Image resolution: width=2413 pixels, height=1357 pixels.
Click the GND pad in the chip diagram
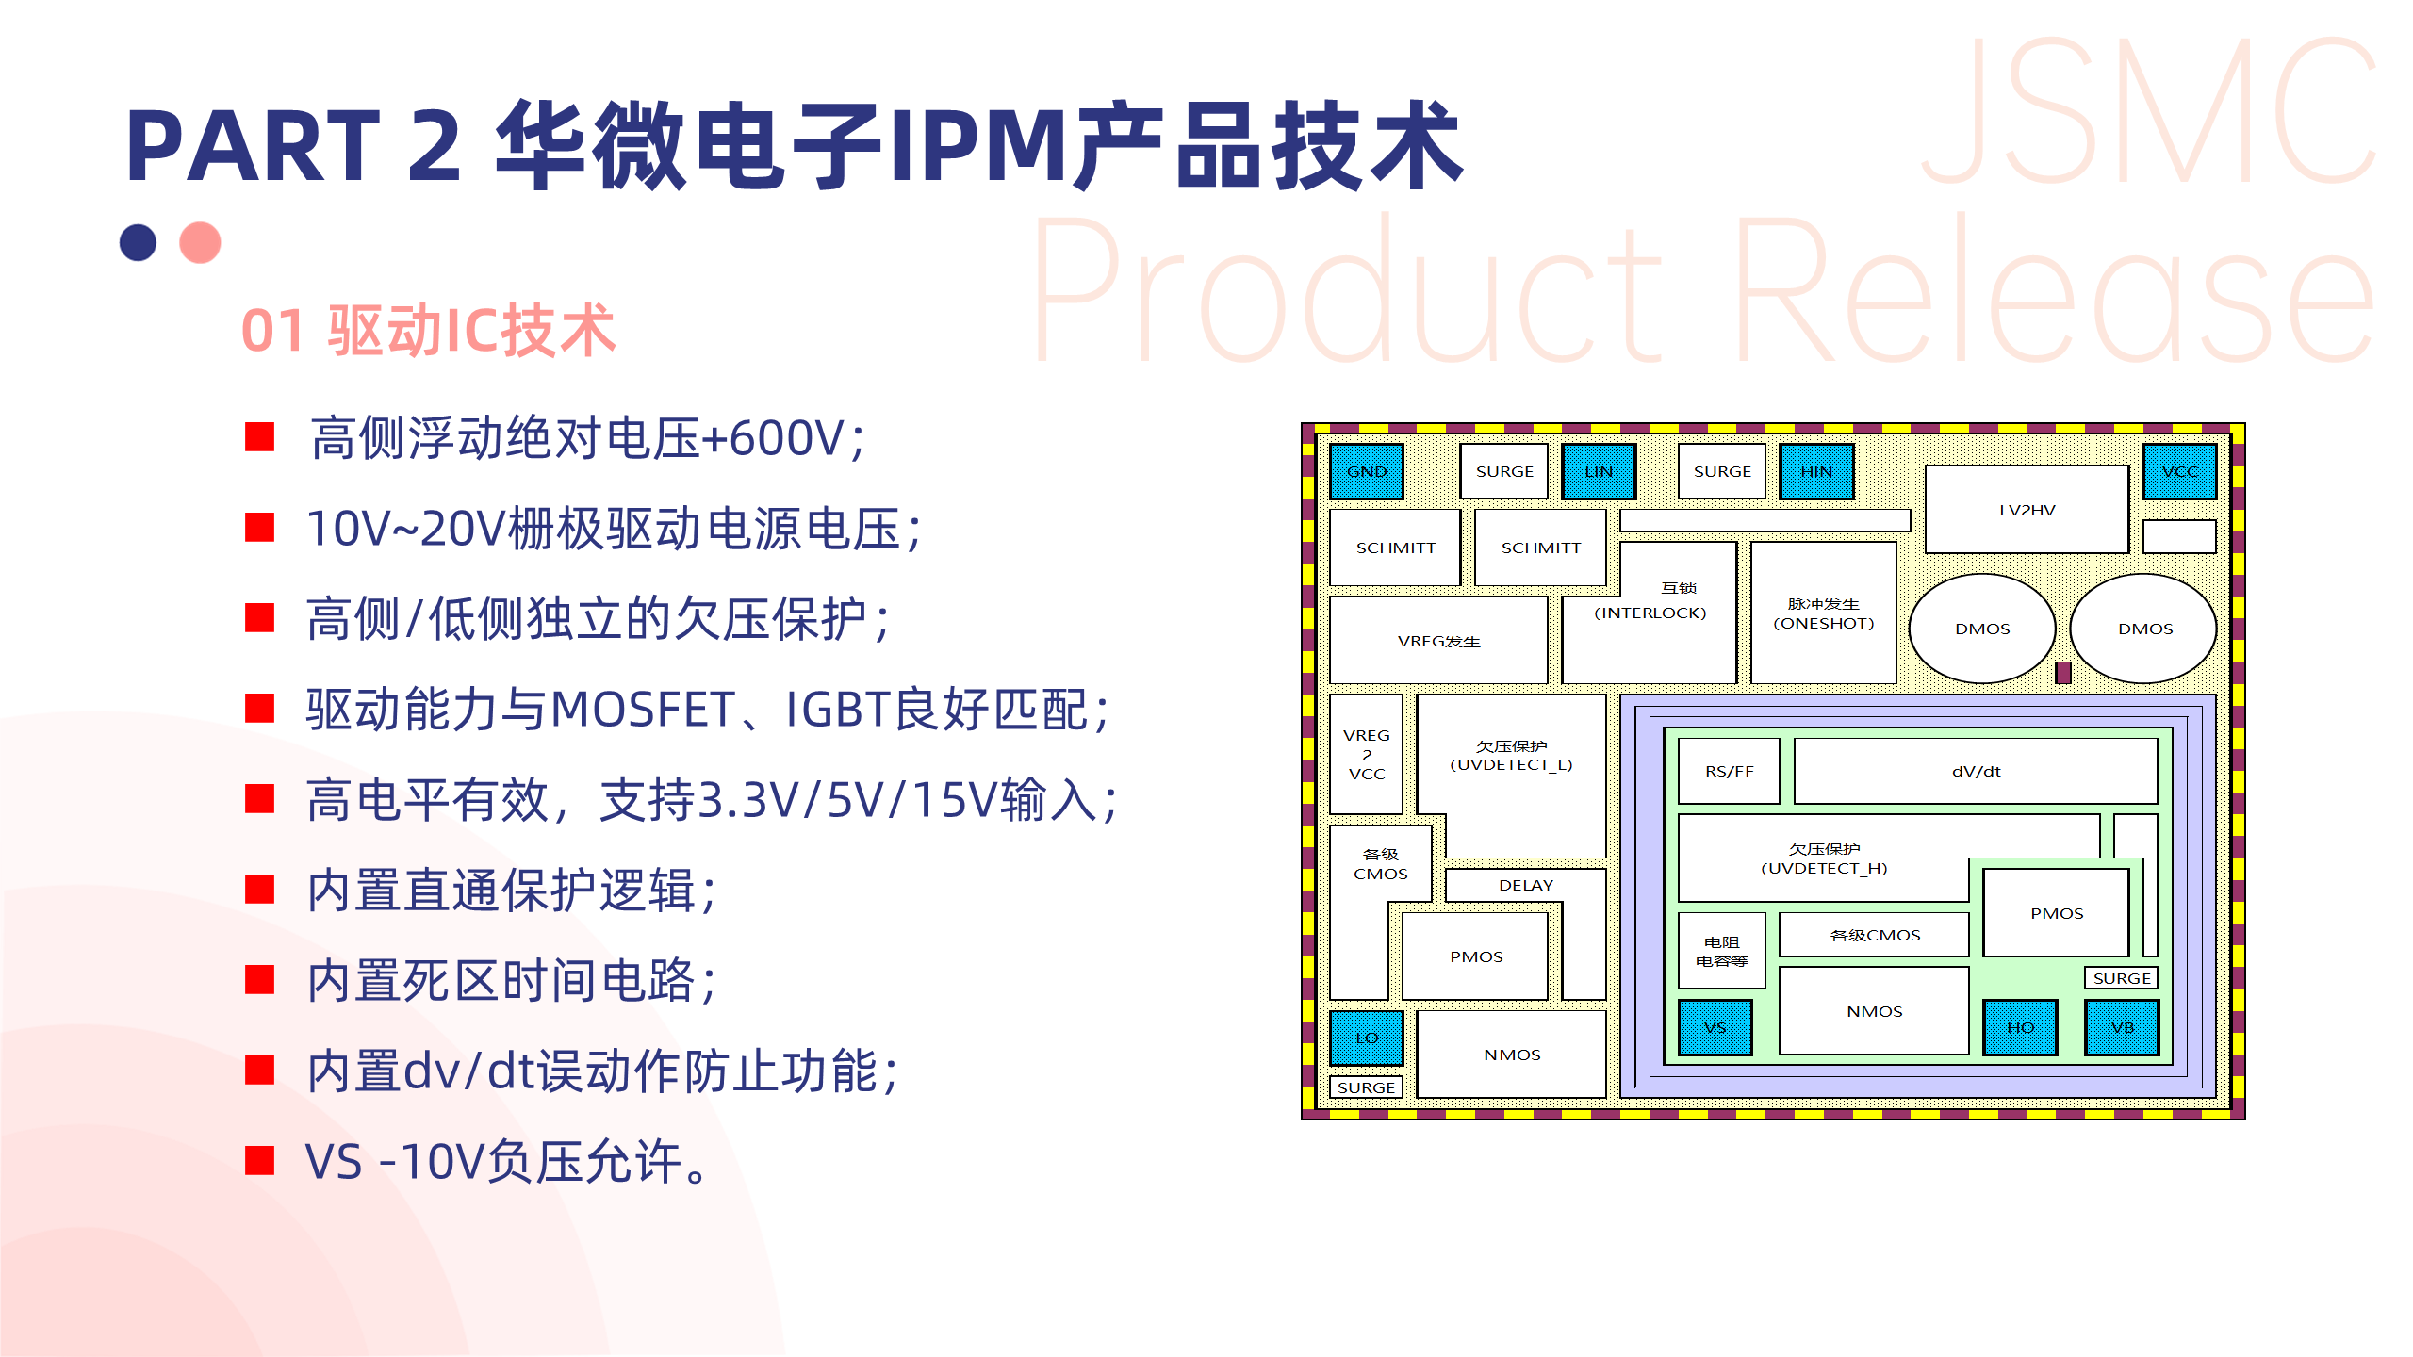[x=1366, y=471]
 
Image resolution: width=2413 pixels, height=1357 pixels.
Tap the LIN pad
[x=1598, y=471]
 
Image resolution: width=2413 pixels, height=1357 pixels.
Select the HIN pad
[x=1815, y=471]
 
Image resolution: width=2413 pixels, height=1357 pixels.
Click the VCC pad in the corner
[x=2178, y=471]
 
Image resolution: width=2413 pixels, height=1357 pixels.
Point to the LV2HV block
[x=2027, y=510]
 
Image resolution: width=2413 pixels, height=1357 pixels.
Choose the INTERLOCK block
[x=1650, y=612]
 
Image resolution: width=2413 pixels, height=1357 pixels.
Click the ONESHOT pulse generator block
[x=1823, y=613]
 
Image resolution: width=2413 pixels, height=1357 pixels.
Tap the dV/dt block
[x=1976, y=771]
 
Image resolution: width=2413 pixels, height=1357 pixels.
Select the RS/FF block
[x=1729, y=771]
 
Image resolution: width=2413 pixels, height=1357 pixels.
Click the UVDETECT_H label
[x=1824, y=868]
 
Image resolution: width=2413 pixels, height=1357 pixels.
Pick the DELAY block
[x=1525, y=885]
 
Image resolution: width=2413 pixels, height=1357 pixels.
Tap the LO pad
[x=1366, y=1038]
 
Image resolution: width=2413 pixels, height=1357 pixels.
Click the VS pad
[x=1715, y=1027]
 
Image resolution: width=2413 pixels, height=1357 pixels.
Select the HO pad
[x=2020, y=1027]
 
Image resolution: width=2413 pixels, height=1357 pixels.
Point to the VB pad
[x=2122, y=1027]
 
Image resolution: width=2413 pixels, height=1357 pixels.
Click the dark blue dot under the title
[x=138, y=242]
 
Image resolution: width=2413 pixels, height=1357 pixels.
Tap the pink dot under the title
[x=200, y=242]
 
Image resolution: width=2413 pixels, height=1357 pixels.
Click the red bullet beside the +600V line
[x=259, y=437]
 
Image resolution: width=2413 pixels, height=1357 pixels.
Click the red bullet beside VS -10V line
[x=259, y=1160]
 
